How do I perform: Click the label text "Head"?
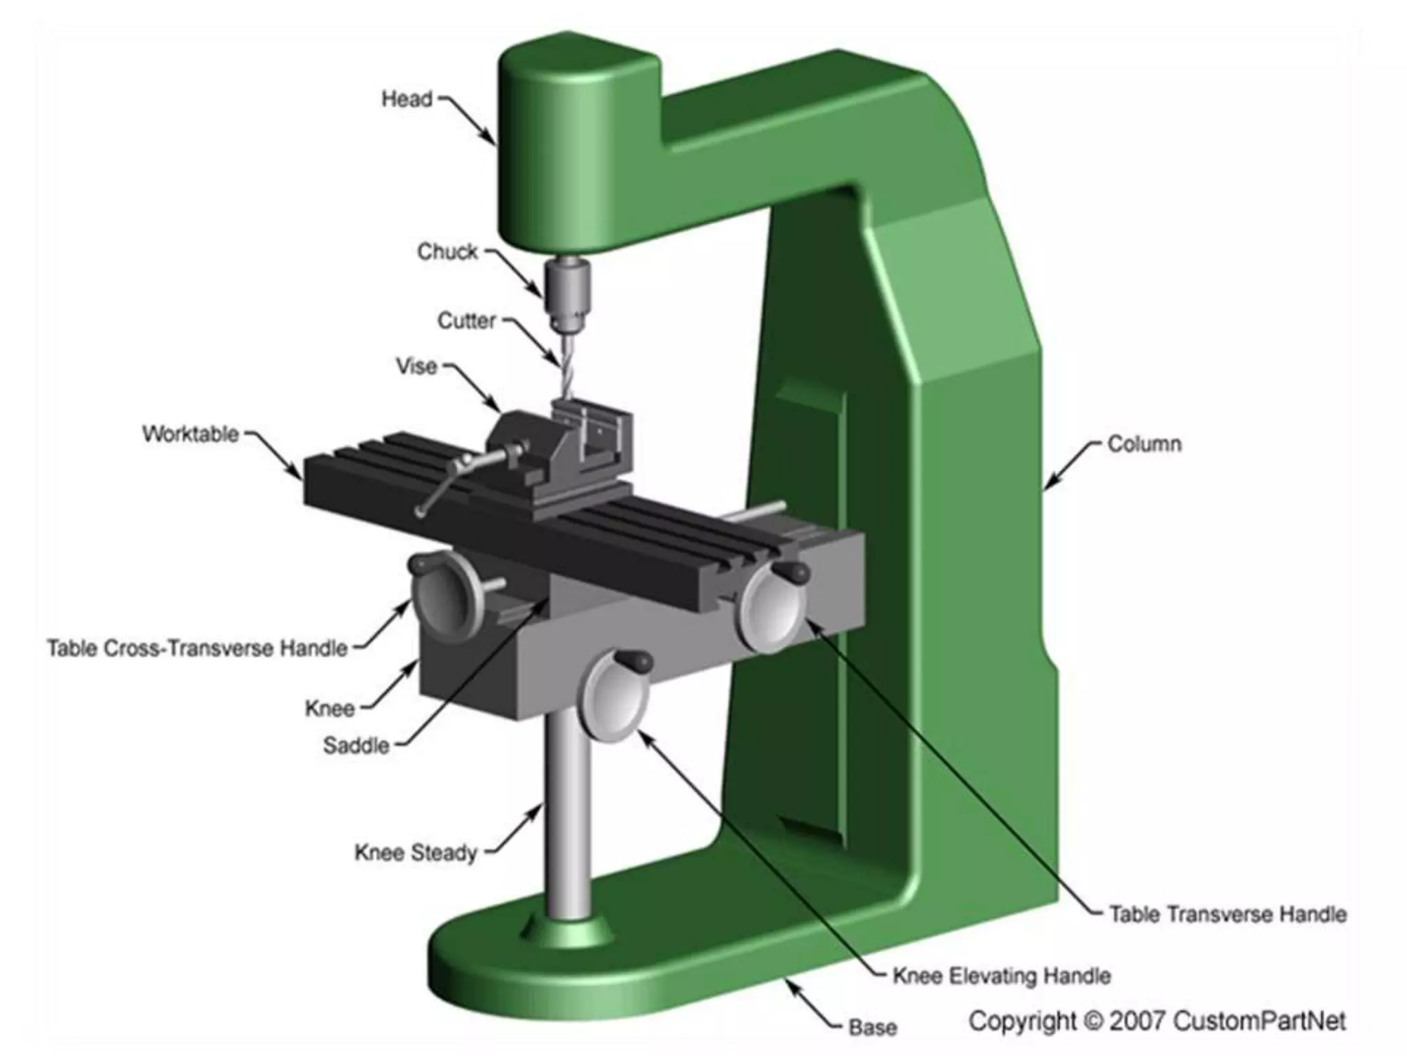(x=407, y=99)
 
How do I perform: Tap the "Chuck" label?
(x=447, y=252)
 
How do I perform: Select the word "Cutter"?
(x=466, y=320)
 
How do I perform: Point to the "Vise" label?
(x=416, y=366)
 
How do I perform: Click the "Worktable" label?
(x=191, y=434)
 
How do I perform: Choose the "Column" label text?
(x=1145, y=444)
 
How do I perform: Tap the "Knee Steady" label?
(x=416, y=852)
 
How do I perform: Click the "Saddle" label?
(x=356, y=745)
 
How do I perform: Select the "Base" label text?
(x=873, y=1028)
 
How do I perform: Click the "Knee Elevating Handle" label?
(x=1002, y=976)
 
